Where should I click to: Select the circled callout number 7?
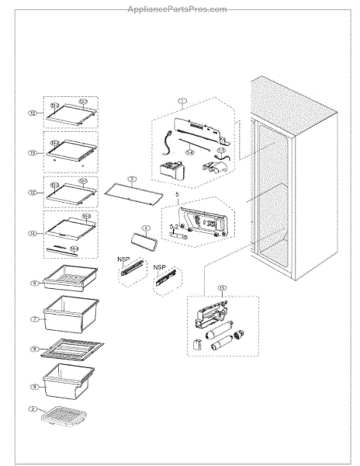click(x=33, y=318)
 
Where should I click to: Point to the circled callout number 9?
click(x=33, y=386)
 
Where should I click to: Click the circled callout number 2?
click(x=33, y=409)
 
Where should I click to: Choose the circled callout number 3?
click(x=132, y=179)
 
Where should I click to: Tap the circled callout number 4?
click(x=144, y=228)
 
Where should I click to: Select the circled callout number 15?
click(x=223, y=288)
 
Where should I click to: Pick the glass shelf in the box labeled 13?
click(x=71, y=153)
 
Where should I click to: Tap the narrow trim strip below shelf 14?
click(x=62, y=249)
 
